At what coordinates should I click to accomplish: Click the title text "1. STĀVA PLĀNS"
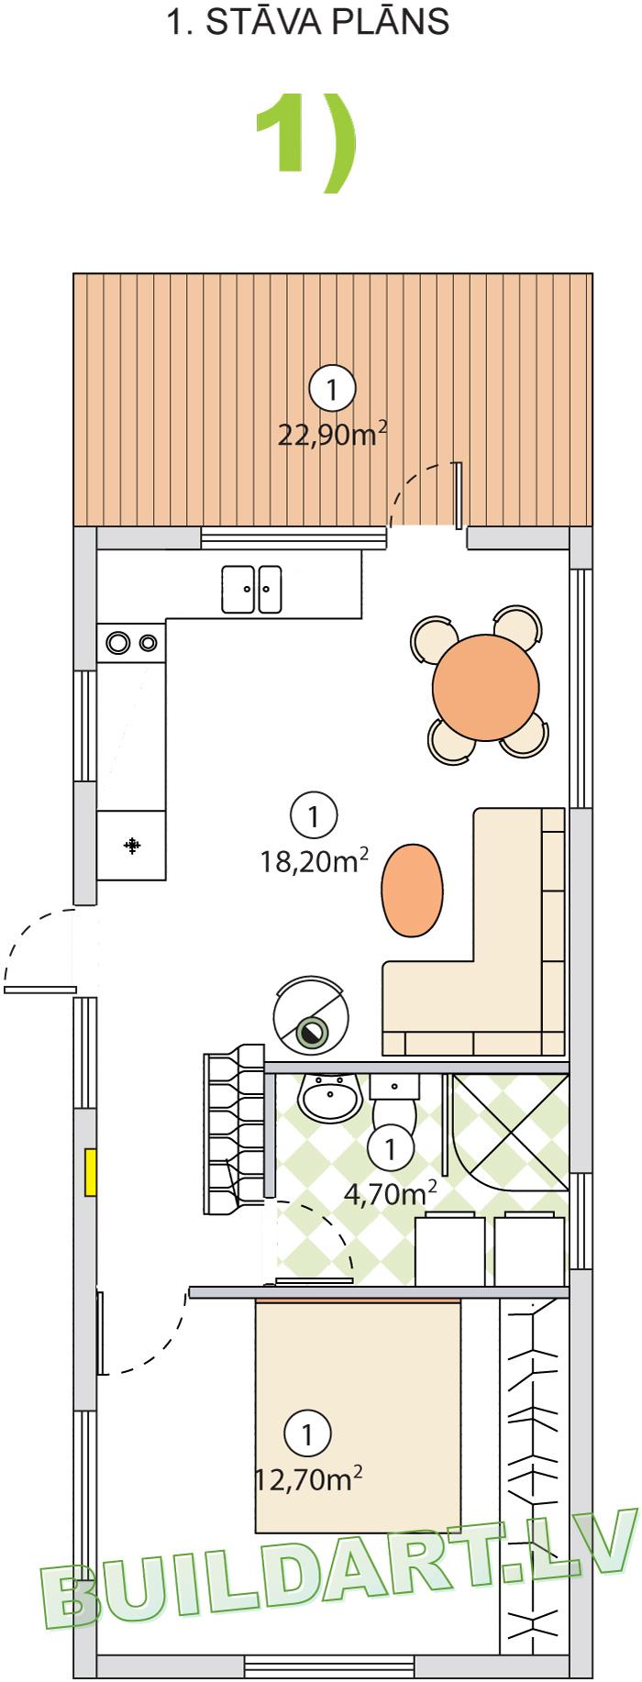(308, 22)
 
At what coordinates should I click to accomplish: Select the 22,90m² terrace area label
(332, 434)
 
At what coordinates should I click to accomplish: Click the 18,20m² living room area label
(315, 861)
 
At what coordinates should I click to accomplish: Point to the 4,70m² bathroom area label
(390, 1194)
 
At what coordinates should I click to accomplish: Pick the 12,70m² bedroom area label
(308, 1479)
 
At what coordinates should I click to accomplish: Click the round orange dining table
(486, 688)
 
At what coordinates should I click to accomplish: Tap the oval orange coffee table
(413, 891)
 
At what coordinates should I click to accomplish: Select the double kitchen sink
(251, 589)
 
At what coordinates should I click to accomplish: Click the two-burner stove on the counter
(132, 643)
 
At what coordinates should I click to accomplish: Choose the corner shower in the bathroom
(510, 1133)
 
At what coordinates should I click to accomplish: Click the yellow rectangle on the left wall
(91, 1172)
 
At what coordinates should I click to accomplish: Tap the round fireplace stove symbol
(311, 1016)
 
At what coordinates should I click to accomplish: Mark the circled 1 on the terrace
(332, 389)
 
